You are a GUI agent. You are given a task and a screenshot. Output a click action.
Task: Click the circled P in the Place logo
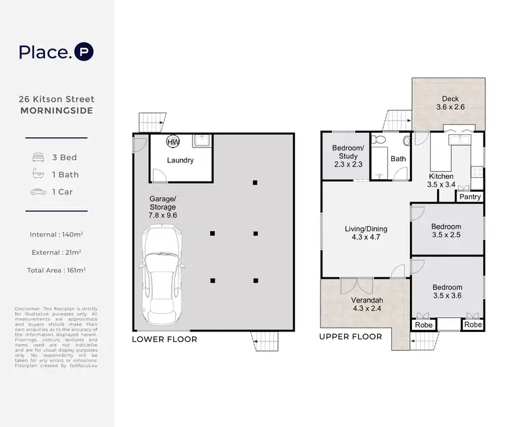click(84, 52)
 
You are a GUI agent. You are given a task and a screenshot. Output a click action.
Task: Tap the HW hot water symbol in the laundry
click(173, 142)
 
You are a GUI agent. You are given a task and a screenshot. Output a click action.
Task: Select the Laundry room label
click(180, 160)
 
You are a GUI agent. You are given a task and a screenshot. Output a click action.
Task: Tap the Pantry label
click(469, 197)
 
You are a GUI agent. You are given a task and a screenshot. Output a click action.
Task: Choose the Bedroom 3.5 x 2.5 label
click(446, 232)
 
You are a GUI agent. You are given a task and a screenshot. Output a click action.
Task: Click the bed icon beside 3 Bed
click(38, 158)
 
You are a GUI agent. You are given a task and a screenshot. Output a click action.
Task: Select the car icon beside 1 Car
click(38, 192)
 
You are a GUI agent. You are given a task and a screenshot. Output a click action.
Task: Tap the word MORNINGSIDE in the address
click(57, 110)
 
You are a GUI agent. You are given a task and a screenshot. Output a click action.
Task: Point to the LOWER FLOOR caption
click(164, 339)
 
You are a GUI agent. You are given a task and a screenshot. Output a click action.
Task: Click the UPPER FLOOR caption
click(350, 337)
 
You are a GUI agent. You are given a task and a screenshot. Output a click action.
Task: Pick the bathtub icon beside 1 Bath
click(38, 174)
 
